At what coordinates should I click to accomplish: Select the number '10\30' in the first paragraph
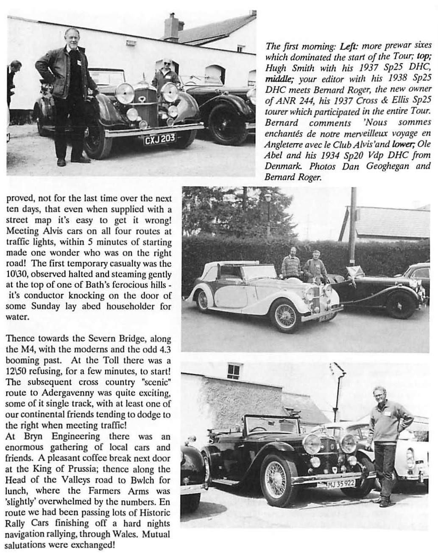17,274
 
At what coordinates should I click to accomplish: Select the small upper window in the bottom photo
233,372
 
